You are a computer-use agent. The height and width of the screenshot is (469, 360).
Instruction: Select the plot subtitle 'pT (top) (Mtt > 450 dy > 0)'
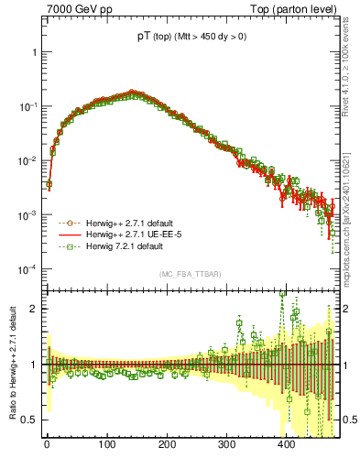coord(188,38)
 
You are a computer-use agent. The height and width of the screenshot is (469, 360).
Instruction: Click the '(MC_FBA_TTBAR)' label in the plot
coord(188,274)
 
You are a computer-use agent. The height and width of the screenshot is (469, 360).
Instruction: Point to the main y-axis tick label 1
coord(33,52)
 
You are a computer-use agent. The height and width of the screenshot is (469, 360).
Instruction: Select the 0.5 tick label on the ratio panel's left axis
coord(28,420)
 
